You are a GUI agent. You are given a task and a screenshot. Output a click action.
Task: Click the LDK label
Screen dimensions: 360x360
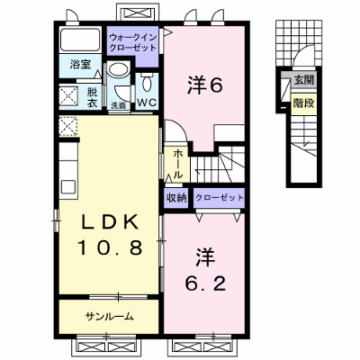(x=110, y=222)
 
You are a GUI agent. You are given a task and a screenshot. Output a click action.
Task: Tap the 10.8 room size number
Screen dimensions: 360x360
(x=110, y=247)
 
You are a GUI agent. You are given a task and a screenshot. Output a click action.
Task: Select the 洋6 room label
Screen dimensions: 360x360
(x=205, y=85)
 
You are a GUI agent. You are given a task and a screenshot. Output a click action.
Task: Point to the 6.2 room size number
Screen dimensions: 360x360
(x=205, y=283)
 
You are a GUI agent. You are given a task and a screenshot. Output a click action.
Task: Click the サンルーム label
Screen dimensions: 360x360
(x=109, y=317)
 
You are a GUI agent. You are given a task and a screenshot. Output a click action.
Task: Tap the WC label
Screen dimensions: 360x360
(x=147, y=103)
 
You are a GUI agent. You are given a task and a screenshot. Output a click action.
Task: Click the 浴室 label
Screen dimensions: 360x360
(x=81, y=64)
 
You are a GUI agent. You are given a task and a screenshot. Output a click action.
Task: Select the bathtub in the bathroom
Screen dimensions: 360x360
(x=80, y=40)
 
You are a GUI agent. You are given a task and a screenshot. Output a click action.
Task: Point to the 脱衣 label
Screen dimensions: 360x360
(x=92, y=97)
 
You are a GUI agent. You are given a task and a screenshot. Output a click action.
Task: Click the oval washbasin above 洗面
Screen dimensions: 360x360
(x=119, y=69)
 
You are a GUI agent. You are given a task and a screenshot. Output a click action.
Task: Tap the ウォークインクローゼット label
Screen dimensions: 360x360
(x=133, y=42)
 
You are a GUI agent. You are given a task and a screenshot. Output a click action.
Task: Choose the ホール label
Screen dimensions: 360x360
(x=177, y=165)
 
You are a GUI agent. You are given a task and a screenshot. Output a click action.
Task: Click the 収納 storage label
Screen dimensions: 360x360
(x=176, y=198)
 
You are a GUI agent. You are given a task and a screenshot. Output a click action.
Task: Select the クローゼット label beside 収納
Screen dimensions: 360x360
(x=220, y=198)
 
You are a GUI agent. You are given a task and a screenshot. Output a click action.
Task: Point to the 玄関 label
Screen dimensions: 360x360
(x=304, y=80)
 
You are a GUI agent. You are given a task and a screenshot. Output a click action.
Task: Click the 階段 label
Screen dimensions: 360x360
(x=304, y=103)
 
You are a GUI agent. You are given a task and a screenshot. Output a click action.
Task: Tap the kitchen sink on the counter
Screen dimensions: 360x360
(x=68, y=187)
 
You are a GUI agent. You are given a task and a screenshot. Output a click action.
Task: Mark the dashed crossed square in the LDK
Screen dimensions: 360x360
(x=68, y=126)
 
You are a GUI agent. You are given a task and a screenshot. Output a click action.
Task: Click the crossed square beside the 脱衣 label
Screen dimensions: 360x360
(x=68, y=96)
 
